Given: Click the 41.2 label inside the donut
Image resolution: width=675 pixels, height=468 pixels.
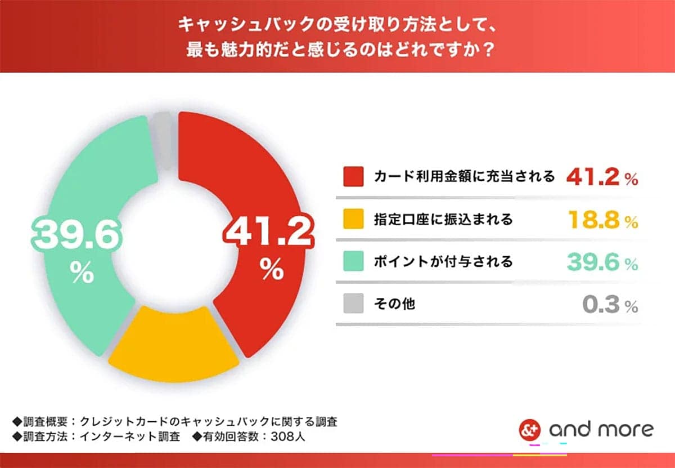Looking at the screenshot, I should (268, 232).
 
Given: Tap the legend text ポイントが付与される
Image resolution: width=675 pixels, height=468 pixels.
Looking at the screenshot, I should (443, 262).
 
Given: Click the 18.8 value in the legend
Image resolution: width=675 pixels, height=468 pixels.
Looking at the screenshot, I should (593, 220).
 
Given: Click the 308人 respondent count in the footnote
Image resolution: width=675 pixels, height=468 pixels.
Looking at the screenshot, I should (287, 436).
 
